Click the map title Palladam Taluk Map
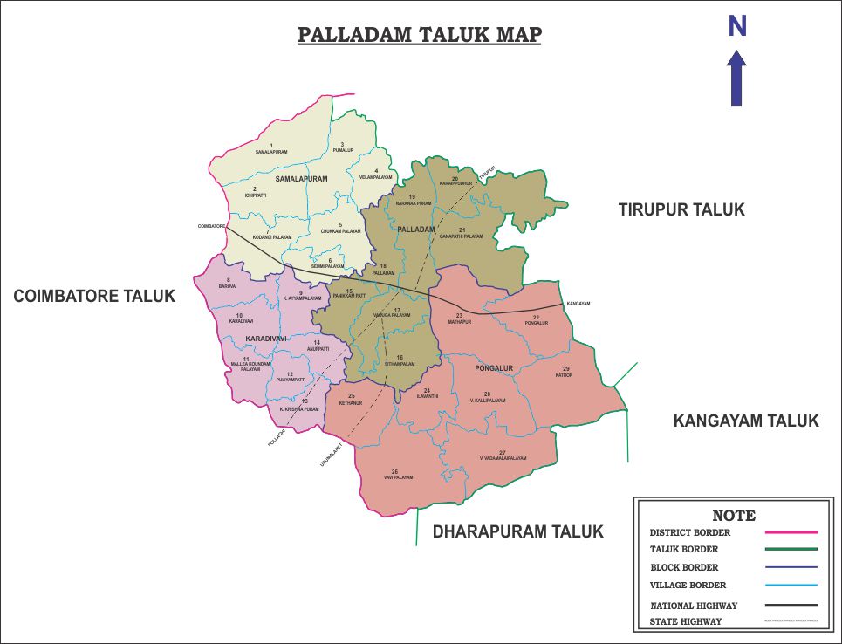(420, 35)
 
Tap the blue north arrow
(737, 78)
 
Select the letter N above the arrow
(737, 27)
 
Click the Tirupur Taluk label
(681, 209)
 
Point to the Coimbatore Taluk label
(94, 297)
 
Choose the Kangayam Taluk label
(746, 421)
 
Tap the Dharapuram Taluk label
(518, 531)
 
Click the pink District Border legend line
(791, 531)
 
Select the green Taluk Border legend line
(791, 549)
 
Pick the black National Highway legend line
(791, 605)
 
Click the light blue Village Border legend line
(791, 585)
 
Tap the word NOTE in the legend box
(734, 515)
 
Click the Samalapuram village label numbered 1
(271, 152)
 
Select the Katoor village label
(565, 374)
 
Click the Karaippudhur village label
(455, 183)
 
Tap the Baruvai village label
(228, 285)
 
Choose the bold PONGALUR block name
(494, 368)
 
